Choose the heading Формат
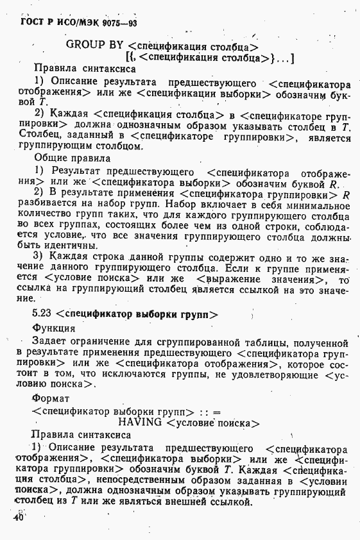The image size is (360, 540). [51, 398]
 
